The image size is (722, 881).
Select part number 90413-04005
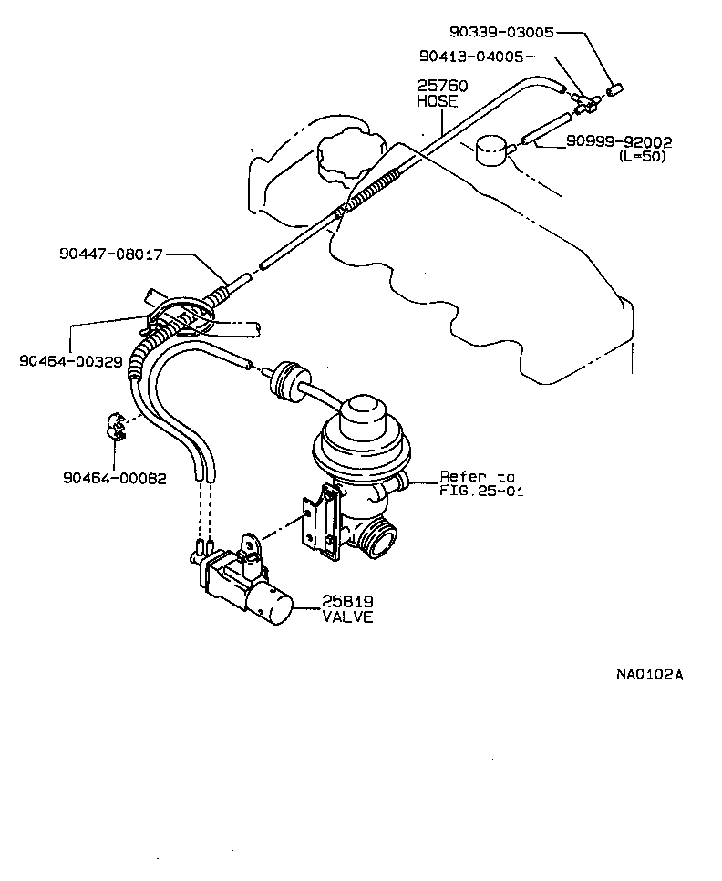pyautogui.click(x=470, y=56)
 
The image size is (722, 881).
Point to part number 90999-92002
pyautogui.click(x=618, y=141)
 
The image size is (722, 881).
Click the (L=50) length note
pyautogui.click(x=642, y=156)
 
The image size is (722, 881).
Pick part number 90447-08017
pyautogui.click(x=108, y=255)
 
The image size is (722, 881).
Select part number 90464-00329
pyautogui.click(x=70, y=361)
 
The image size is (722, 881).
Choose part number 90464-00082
pyautogui.click(x=115, y=477)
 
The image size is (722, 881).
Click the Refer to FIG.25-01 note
pyautogui.click(x=477, y=483)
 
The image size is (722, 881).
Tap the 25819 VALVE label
pyautogui.click(x=347, y=608)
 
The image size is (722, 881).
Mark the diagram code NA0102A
pyautogui.click(x=648, y=675)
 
